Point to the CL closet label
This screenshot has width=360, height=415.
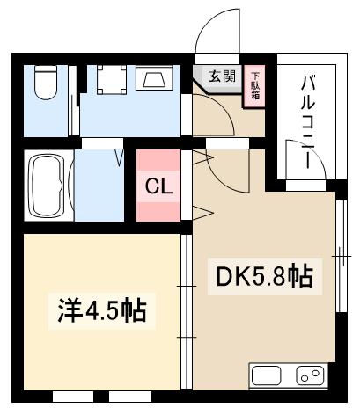(158, 187)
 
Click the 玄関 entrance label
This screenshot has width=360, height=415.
(222, 76)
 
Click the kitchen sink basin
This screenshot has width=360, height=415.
(267, 376)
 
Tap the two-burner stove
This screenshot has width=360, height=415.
(309, 376)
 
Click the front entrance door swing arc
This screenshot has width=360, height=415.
(214, 31)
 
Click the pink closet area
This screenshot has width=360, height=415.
(158, 187)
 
